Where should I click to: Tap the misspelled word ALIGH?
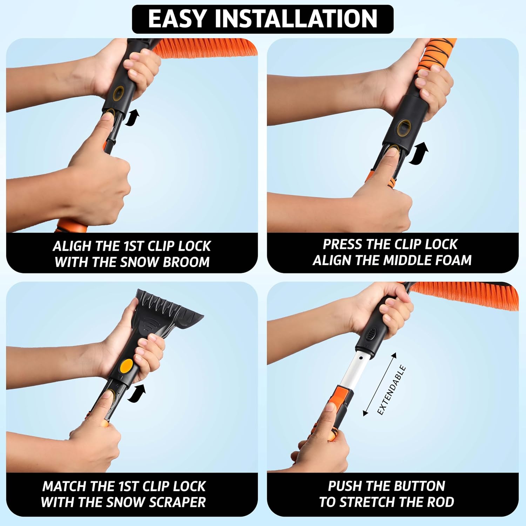72,246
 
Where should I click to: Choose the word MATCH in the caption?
64,486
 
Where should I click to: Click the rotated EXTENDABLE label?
392,390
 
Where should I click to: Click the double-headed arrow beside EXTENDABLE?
380,384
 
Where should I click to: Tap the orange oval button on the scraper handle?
126,366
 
